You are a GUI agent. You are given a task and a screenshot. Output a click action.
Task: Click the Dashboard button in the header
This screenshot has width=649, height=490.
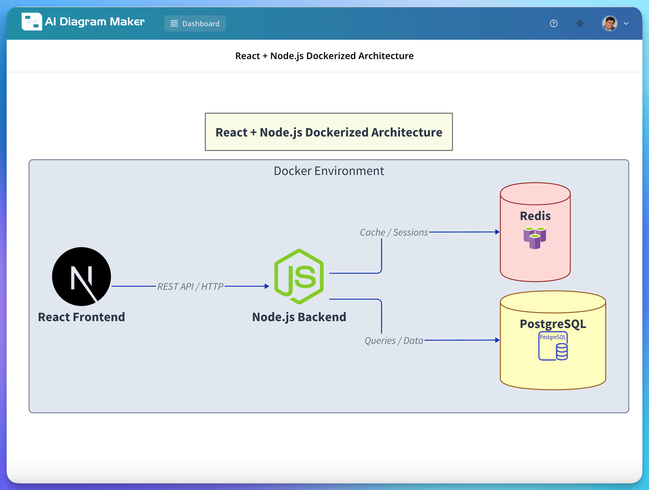pyautogui.click(x=195, y=23)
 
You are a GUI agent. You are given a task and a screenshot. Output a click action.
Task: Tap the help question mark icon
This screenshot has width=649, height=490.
pyautogui.click(x=553, y=23)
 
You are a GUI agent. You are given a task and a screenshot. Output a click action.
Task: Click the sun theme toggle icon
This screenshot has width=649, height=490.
pyautogui.click(x=580, y=23)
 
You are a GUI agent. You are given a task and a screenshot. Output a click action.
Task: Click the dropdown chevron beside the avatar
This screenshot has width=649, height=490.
pyautogui.click(x=626, y=23)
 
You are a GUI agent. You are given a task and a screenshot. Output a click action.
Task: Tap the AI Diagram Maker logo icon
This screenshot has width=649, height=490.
pyautogui.click(x=32, y=21)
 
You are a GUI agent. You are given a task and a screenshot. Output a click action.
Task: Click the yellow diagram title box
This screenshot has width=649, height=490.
pyautogui.click(x=329, y=132)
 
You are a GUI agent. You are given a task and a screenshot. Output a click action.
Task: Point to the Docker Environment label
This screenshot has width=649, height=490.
pyautogui.click(x=329, y=171)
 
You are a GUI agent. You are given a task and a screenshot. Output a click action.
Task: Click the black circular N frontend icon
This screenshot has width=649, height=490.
pyautogui.click(x=82, y=276)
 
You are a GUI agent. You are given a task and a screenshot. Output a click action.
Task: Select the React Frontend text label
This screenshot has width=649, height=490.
pyautogui.click(x=82, y=317)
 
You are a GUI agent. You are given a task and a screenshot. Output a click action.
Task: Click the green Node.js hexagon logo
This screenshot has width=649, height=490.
pyautogui.click(x=299, y=276)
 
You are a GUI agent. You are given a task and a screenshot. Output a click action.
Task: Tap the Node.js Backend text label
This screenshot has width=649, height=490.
pyautogui.click(x=299, y=317)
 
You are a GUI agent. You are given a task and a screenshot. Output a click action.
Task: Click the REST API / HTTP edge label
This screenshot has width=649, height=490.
pyautogui.click(x=190, y=286)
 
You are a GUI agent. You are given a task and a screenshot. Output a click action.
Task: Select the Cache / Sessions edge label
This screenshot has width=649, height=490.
pyautogui.click(x=394, y=232)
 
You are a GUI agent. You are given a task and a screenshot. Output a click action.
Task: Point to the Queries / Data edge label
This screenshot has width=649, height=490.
pyautogui.click(x=394, y=341)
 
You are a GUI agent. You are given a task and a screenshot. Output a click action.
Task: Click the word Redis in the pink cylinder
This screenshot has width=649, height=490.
pyautogui.click(x=535, y=216)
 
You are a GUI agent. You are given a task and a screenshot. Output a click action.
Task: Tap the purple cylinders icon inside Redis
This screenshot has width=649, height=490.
pyautogui.click(x=535, y=238)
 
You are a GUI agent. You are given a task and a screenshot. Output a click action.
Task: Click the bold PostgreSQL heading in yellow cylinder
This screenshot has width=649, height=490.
pyautogui.click(x=553, y=324)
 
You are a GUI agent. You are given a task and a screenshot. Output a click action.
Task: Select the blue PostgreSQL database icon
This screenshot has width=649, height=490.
pyautogui.click(x=553, y=346)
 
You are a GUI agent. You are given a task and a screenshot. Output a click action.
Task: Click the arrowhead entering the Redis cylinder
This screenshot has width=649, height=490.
pyautogui.click(x=497, y=232)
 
